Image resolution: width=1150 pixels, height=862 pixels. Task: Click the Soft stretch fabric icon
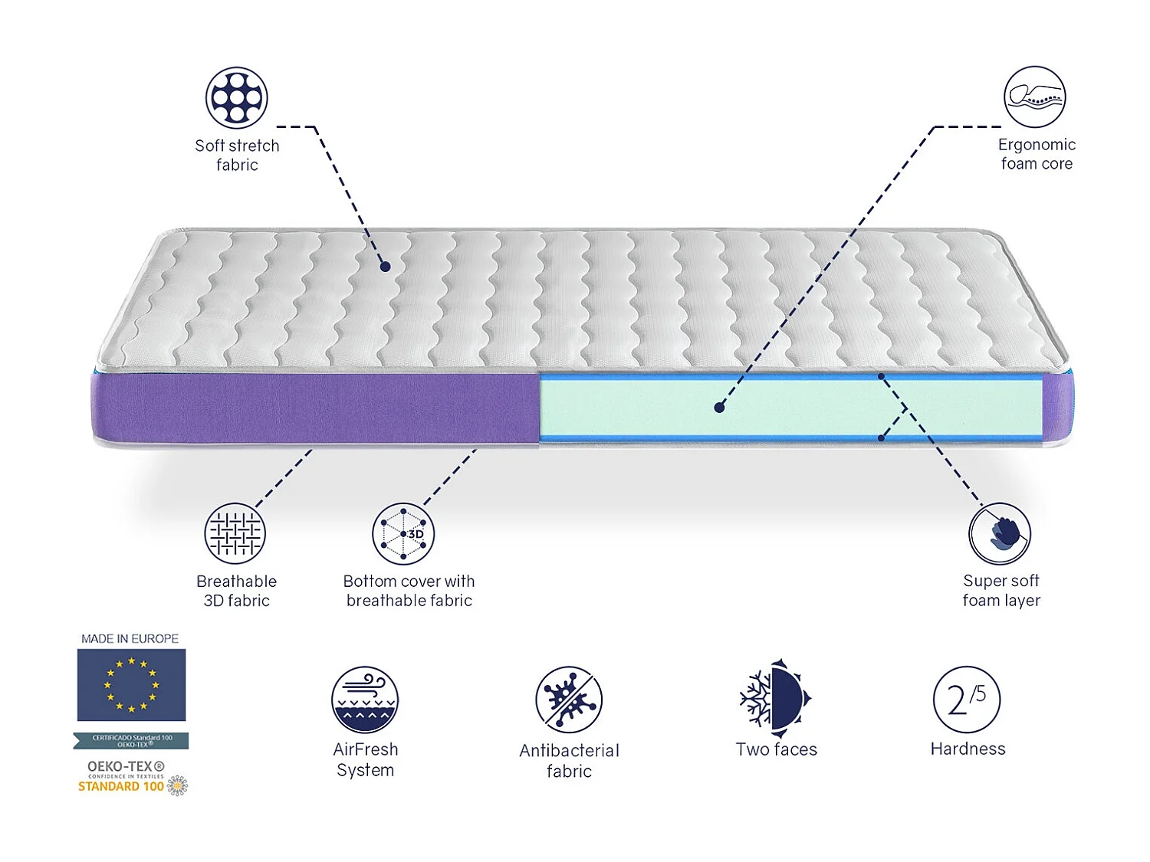click(237, 97)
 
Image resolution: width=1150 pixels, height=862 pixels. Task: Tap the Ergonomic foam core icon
click(1035, 97)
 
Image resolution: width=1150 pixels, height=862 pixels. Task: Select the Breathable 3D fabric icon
click(235, 533)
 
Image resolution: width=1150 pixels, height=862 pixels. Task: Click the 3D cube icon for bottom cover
click(403, 533)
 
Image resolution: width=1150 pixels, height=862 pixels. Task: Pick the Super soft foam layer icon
click(1000, 533)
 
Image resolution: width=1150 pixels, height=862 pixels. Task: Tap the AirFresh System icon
click(365, 699)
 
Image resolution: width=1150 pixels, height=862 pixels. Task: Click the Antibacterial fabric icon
click(569, 699)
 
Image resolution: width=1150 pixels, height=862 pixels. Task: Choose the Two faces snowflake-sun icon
click(775, 698)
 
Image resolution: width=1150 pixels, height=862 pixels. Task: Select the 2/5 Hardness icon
click(967, 699)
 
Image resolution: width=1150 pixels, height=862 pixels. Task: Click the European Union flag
click(131, 684)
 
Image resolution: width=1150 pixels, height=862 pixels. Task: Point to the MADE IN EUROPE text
click(130, 638)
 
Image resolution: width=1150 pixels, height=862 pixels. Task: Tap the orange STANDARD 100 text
click(121, 786)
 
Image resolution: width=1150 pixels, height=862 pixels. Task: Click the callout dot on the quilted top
click(386, 267)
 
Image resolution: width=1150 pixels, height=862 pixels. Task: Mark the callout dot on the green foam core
click(719, 408)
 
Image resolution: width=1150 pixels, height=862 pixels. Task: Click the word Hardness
click(968, 749)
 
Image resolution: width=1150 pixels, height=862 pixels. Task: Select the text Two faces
click(776, 749)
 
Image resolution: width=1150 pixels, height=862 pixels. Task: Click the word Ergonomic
click(1037, 144)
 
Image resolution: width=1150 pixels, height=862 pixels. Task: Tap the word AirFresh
click(366, 749)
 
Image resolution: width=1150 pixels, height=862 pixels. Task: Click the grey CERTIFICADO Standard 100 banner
click(131, 740)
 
